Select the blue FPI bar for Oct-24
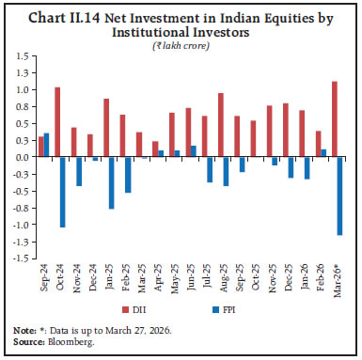point(63,192)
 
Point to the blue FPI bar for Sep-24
point(46,145)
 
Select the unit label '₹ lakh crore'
point(181,43)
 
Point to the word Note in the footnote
point(25,324)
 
